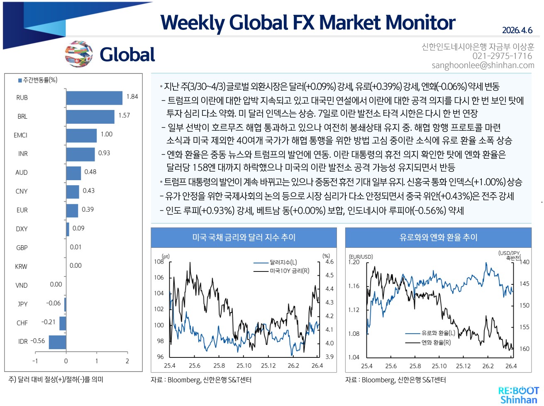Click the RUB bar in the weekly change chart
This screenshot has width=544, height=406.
(x=94, y=98)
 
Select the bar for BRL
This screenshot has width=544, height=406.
(x=90, y=117)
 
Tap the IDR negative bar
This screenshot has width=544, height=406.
(x=57, y=342)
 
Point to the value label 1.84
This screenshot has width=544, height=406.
(x=132, y=97)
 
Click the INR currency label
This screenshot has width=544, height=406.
(x=23, y=154)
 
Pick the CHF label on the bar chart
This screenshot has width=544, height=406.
(x=22, y=323)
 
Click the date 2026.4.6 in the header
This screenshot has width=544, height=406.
(x=517, y=30)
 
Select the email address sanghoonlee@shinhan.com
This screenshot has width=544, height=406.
(x=483, y=65)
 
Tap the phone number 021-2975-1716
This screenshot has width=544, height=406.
(x=502, y=56)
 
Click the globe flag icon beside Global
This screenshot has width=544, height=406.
(x=78, y=54)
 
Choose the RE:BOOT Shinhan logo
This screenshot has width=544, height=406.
(x=518, y=395)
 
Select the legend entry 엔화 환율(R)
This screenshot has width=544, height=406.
(x=436, y=342)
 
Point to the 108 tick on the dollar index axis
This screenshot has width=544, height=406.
(x=159, y=262)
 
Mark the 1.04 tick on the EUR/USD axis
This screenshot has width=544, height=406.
(x=354, y=357)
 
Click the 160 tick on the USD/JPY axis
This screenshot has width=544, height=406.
(x=524, y=349)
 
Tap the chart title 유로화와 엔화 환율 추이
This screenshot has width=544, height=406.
(x=438, y=237)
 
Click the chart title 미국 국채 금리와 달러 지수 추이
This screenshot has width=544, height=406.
(x=244, y=237)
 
